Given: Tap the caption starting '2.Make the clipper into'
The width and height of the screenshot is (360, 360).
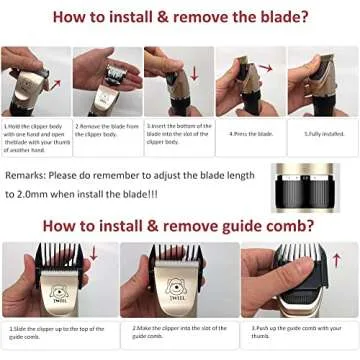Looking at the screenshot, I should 177,330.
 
